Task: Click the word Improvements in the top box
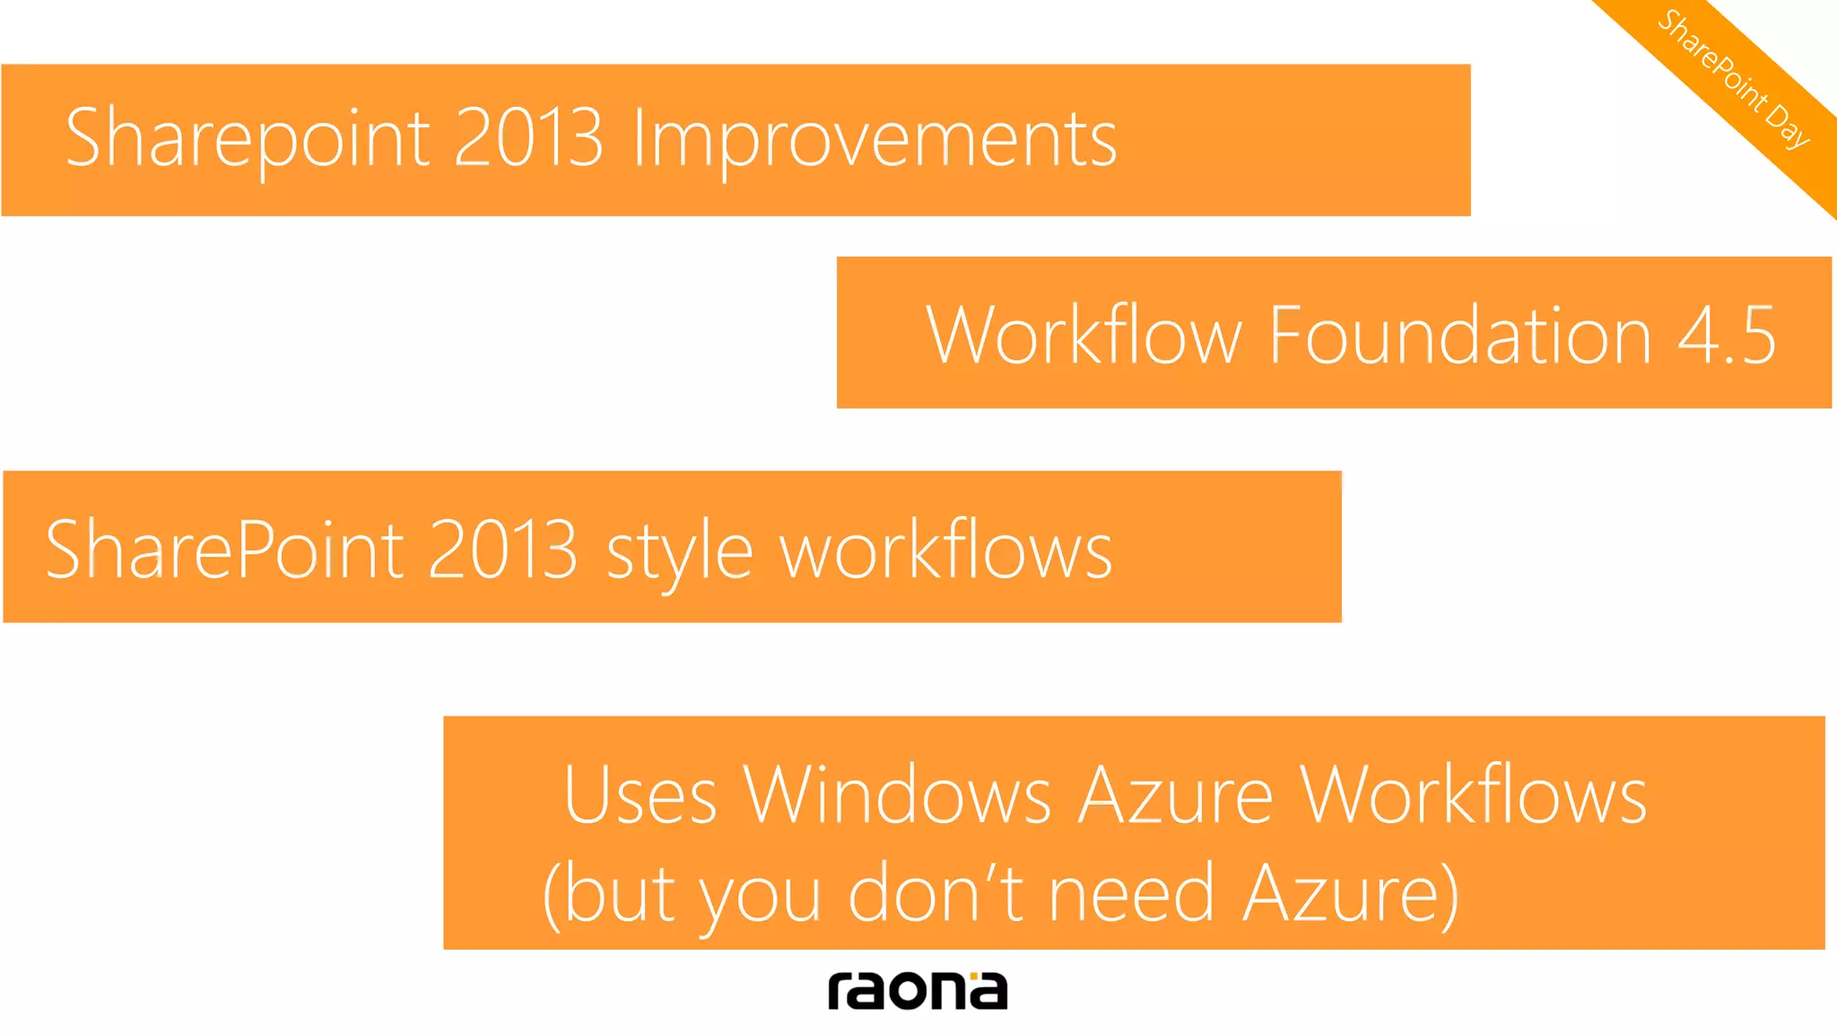point(875,139)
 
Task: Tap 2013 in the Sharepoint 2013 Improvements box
point(528,139)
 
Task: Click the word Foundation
point(1459,335)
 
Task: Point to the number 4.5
point(1726,335)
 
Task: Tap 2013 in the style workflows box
point(502,550)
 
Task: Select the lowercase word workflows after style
point(945,550)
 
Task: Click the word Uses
point(640,795)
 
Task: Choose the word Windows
point(897,795)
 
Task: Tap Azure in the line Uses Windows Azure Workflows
point(1175,795)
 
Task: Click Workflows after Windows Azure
point(1474,795)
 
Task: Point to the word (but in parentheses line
point(609,894)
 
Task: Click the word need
point(1132,894)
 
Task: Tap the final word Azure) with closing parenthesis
point(1351,894)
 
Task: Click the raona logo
point(917,990)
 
